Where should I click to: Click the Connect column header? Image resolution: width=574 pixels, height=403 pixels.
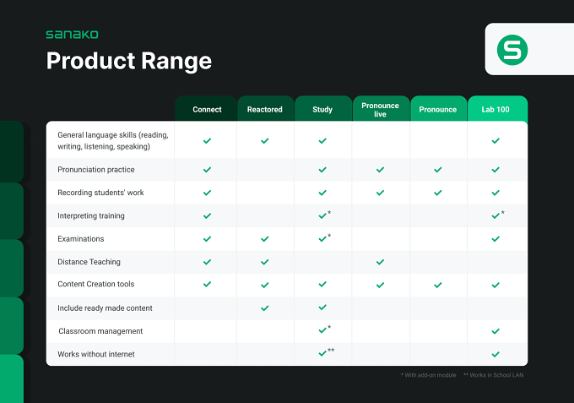coord(207,110)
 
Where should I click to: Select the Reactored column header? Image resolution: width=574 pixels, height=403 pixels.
coord(265,110)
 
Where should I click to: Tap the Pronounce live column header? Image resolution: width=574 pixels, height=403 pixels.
coord(380,110)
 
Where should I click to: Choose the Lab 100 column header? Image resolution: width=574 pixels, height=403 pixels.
coord(495,110)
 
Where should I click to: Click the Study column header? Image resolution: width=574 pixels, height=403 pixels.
coord(322,110)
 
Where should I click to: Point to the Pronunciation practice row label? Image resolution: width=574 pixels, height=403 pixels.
coord(96,170)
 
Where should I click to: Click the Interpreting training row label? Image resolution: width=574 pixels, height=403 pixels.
coord(91,215)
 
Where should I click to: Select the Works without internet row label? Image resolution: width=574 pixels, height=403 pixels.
coord(96,354)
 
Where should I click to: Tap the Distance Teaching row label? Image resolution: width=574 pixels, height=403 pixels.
coord(89,262)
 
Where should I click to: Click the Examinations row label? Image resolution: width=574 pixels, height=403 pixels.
coord(80,239)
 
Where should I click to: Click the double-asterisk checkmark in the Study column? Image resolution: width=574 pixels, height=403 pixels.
coord(322,353)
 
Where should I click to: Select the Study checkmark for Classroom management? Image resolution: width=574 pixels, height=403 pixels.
coord(322,330)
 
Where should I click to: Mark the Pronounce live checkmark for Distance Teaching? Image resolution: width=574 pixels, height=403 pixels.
coord(381,262)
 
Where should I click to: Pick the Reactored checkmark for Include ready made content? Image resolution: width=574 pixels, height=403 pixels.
coord(265,308)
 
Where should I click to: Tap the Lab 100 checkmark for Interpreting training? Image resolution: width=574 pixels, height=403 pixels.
coord(495,215)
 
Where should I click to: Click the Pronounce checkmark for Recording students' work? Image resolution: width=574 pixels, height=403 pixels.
coord(438,193)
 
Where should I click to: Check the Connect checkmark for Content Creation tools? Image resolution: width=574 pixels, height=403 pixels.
coord(207,285)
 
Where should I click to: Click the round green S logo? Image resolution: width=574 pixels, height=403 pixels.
coord(512,50)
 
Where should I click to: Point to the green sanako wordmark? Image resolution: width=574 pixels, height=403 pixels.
coord(72,35)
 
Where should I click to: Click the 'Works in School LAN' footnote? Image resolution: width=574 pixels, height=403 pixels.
coord(494,375)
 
